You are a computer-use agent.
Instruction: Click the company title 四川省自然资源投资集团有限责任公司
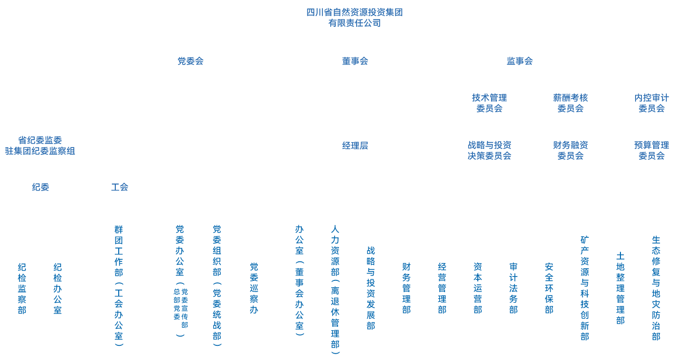click(x=354, y=18)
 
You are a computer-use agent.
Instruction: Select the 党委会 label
click(x=191, y=61)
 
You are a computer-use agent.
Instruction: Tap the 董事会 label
click(x=355, y=61)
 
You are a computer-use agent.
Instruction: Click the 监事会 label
click(x=520, y=61)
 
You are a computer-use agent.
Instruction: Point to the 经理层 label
click(x=355, y=146)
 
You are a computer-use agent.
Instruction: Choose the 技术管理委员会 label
click(x=490, y=103)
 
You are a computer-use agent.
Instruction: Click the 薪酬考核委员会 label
click(x=570, y=103)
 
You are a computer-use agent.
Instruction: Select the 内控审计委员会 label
click(x=652, y=103)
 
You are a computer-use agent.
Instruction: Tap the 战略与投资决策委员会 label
click(x=490, y=150)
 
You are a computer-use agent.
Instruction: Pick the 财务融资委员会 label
click(x=570, y=150)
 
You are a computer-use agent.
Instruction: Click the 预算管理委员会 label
click(x=652, y=150)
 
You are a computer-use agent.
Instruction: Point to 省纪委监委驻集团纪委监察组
click(x=40, y=146)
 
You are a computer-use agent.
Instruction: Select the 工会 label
click(x=120, y=187)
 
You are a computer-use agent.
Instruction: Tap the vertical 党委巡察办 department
click(x=254, y=288)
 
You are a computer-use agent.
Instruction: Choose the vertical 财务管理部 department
click(x=406, y=288)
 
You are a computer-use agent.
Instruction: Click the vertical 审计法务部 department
click(x=513, y=288)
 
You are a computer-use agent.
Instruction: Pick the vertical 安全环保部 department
click(x=549, y=288)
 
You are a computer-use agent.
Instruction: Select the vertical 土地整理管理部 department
click(x=620, y=288)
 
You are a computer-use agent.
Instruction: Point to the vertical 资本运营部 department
click(x=478, y=288)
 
